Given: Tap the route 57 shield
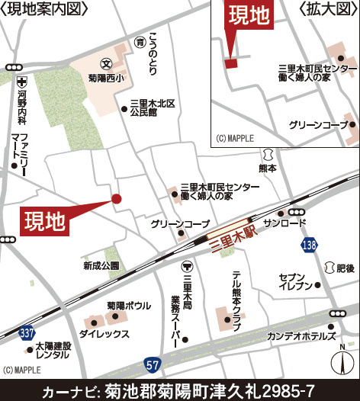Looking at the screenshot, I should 154,364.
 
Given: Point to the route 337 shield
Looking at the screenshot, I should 27,334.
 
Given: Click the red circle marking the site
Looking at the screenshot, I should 117,199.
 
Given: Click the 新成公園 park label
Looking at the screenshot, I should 102,266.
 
